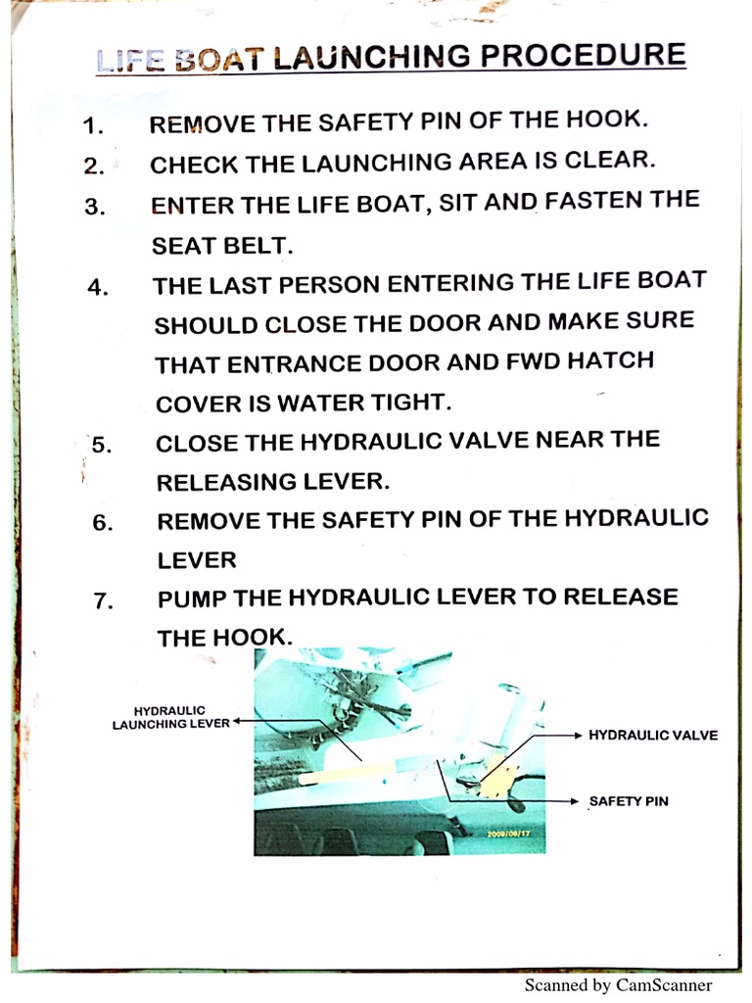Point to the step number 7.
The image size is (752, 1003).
click(105, 601)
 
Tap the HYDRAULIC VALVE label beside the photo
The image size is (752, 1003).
click(653, 735)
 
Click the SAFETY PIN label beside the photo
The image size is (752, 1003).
click(629, 801)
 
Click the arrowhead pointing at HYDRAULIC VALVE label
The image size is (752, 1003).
click(578, 734)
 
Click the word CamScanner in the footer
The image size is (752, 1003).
click(663, 985)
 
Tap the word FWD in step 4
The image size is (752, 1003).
click(533, 360)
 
